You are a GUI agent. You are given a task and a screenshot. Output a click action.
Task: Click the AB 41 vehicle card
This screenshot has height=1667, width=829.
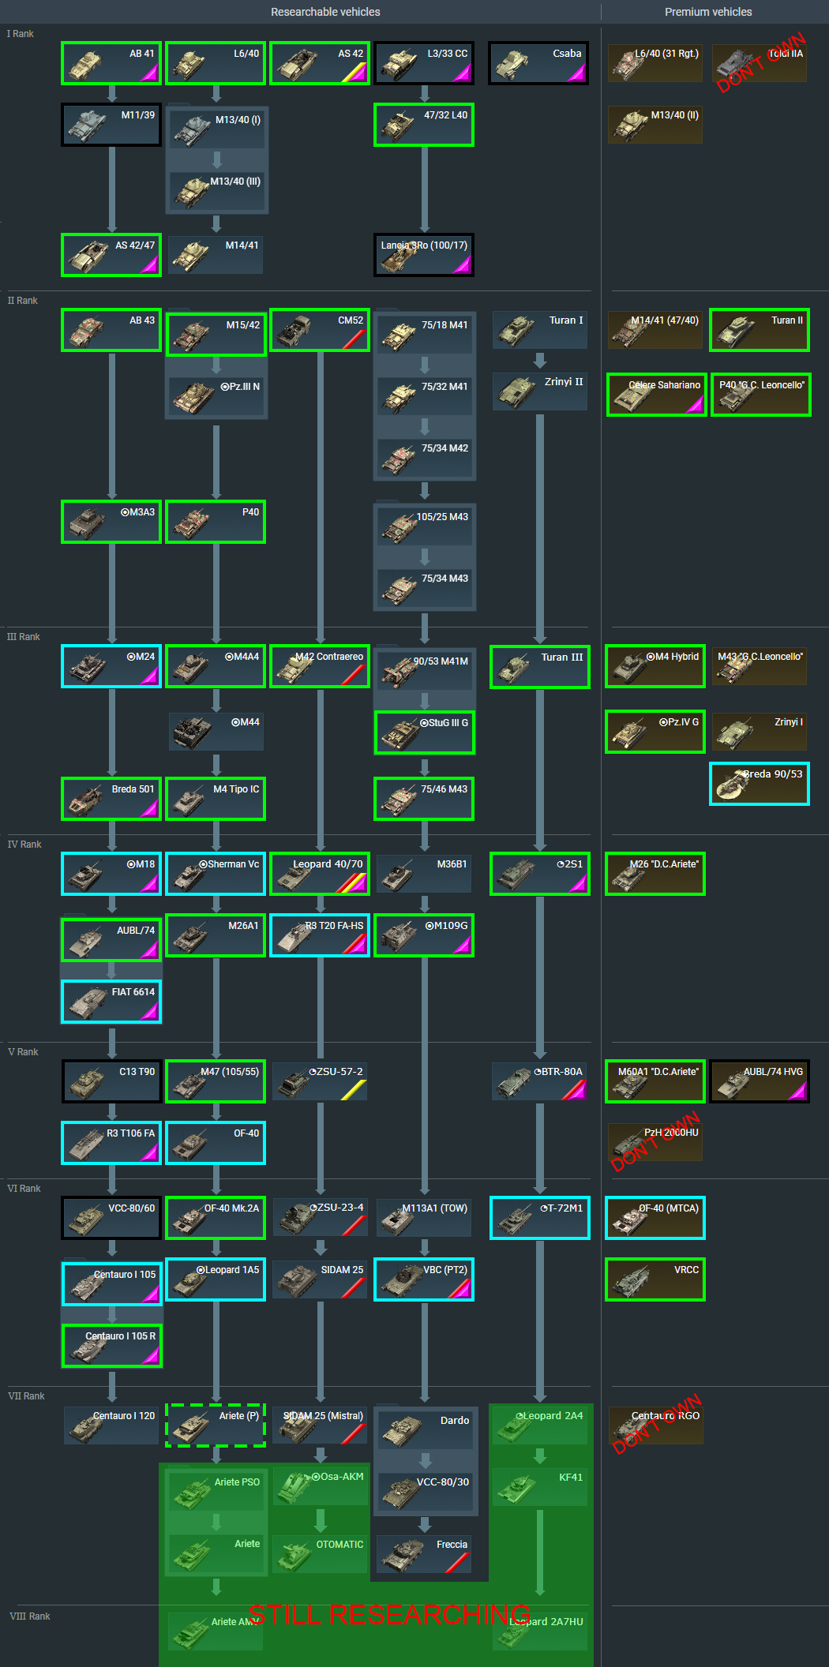(x=111, y=63)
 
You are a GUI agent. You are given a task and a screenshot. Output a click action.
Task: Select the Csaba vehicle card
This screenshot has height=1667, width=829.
(x=538, y=63)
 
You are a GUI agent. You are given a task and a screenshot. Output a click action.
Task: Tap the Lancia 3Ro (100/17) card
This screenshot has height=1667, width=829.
(x=424, y=255)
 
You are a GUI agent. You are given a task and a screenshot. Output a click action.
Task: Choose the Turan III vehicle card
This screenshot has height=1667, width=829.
(x=540, y=667)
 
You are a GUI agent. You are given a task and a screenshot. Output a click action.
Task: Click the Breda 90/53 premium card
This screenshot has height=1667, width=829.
(x=760, y=784)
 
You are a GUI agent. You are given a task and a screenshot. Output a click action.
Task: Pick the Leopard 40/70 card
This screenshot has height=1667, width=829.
(x=320, y=874)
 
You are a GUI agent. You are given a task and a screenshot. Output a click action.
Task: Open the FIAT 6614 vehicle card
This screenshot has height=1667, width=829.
(x=111, y=1002)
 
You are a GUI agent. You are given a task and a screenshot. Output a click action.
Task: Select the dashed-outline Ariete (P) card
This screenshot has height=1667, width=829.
(x=216, y=1425)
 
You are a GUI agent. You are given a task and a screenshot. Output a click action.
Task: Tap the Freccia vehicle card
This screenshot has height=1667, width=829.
(x=424, y=1554)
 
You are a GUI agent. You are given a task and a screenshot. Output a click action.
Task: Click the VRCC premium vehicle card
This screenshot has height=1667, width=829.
(x=655, y=1279)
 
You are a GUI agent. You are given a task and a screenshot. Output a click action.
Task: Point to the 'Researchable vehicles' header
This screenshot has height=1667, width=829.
(x=325, y=12)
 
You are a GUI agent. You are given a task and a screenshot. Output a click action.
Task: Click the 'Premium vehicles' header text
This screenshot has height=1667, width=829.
(x=708, y=12)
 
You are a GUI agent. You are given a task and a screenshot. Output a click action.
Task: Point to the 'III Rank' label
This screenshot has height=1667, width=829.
(x=24, y=637)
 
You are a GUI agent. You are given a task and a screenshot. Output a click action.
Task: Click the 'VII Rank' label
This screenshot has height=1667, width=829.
(x=26, y=1396)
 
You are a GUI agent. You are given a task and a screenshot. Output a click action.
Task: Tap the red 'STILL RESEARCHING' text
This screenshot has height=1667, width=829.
(x=389, y=1615)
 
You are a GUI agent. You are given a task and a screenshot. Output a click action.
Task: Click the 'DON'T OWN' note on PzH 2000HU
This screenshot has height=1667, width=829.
(x=656, y=1141)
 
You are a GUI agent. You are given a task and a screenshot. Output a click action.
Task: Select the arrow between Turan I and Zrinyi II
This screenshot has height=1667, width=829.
(x=540, y=361)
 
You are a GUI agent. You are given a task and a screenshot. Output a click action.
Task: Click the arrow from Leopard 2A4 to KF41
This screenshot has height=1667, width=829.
(x=540, y=1455)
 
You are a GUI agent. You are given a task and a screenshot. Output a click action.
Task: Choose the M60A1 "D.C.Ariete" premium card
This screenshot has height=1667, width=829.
(x=655, y=1081)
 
